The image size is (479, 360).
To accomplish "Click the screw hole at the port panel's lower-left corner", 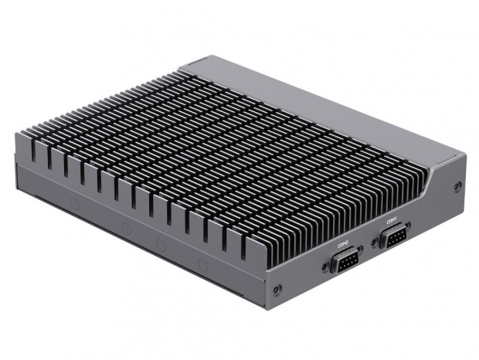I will point(277,290).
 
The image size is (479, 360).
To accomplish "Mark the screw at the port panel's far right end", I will point(458,186).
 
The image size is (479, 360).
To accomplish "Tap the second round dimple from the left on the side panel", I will point(125,228).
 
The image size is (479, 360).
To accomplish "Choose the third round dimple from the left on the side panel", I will point(161,245).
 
